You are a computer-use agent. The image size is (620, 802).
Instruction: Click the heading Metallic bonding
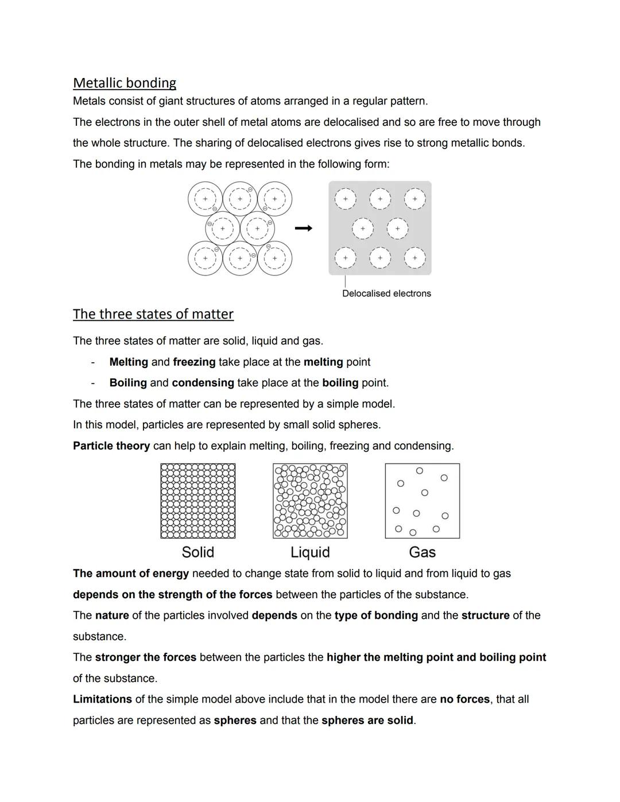(x=125, y=83)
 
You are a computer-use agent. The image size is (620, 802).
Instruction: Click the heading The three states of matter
(x=153, y=314)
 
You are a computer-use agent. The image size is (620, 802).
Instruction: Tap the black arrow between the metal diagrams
(x=304, y=228)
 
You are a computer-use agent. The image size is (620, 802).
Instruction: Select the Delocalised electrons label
(x=386, y=293)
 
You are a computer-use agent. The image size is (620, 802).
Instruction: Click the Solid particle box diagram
(x=198, y=501)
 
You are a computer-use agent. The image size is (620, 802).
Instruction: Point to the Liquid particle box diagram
(x=310, y=501)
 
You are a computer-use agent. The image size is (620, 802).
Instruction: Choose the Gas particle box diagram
(x=422, y=501)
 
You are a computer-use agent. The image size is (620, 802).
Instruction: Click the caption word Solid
(x=198, y=552)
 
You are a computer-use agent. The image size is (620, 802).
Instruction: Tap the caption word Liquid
(x=310, y=552)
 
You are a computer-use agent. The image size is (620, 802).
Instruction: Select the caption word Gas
(x=422, y=552)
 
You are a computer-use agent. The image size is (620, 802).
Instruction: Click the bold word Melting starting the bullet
(x=129, y=362)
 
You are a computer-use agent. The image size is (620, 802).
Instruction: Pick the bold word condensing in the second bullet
(x=203, y=383)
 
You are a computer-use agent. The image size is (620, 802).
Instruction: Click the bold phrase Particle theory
(x=111, y=446)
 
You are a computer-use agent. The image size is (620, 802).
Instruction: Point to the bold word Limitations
(x=102, y=699)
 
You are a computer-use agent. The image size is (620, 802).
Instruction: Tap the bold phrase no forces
(x=464, y=699)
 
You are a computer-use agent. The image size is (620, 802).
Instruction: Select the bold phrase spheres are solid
(x=367, y=720)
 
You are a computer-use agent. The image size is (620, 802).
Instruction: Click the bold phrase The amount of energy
(x=131, y=574)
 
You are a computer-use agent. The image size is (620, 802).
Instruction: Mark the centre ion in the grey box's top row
(x=380, y=199)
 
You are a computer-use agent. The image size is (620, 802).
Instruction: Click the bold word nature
(x=112, y=615)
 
